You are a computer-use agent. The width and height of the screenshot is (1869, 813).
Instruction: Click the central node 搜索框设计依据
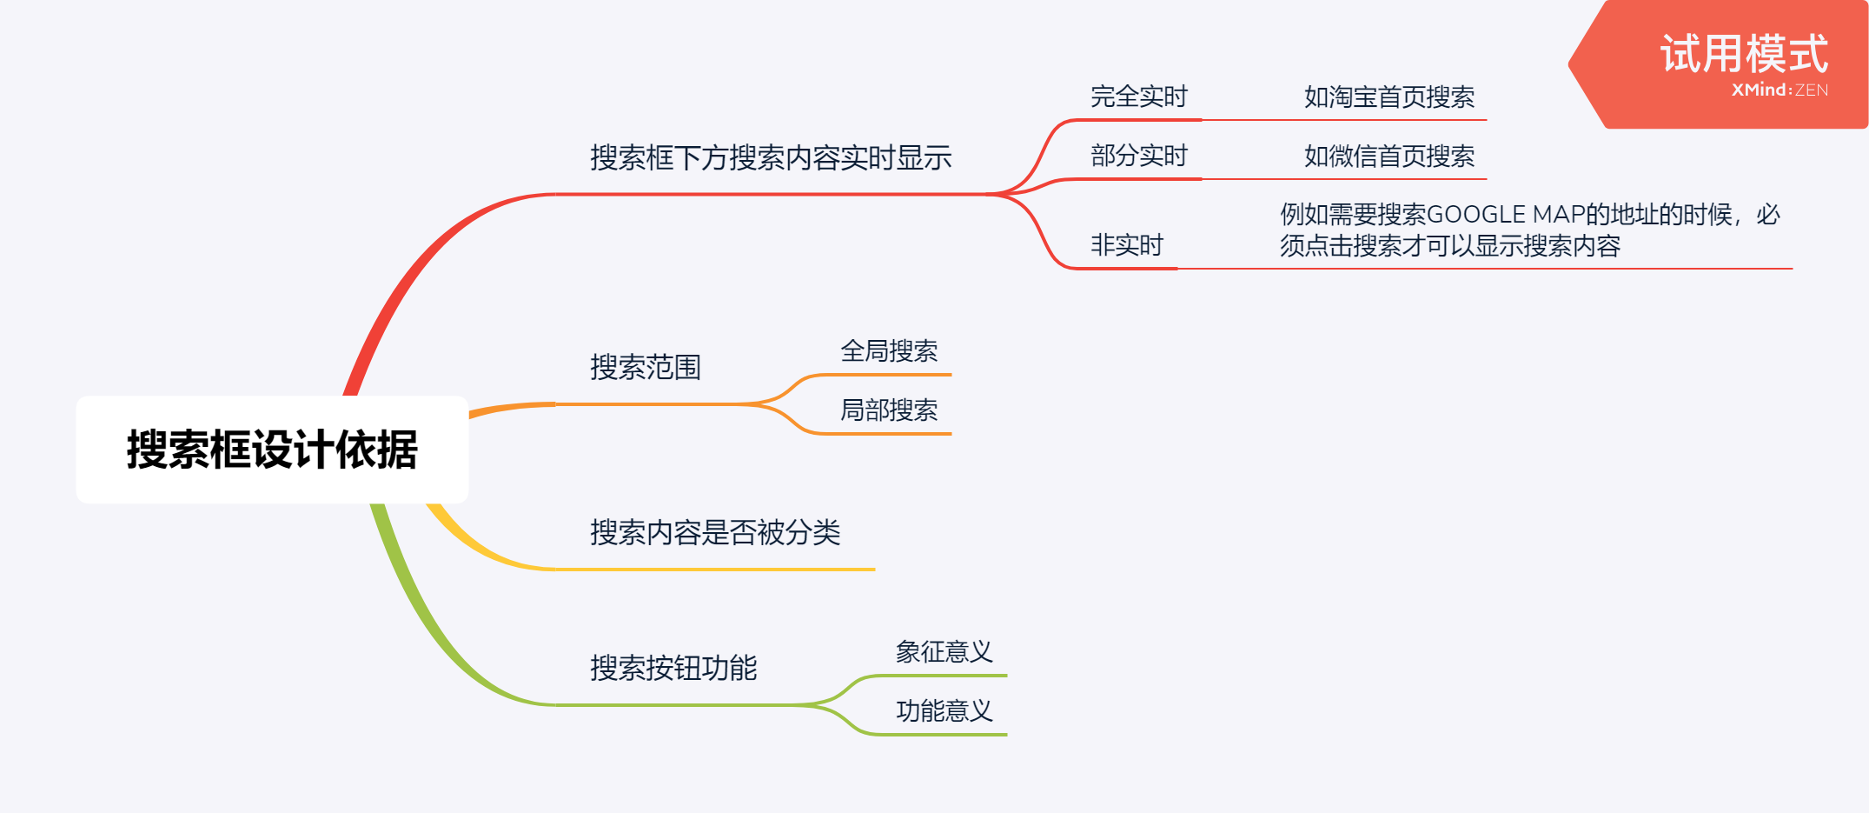(272, 450)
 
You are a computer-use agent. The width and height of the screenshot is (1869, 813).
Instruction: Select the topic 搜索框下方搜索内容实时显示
(771, 158)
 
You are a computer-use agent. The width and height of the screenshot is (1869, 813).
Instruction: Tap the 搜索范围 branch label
(646, 368)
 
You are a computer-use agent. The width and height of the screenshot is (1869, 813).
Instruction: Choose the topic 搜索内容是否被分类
(715, 533)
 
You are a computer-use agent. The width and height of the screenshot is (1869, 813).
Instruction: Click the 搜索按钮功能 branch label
(673, 669)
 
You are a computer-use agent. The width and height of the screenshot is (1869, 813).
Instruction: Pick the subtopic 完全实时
(1138, 97)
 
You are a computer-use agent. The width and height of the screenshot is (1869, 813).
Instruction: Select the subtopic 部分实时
(1138, 156)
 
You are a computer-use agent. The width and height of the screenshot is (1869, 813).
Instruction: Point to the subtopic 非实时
(1126, 245)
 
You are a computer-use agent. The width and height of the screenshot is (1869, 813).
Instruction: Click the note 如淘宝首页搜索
(1388, 97)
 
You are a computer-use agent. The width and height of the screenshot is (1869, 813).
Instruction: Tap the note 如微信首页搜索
(1388, 157)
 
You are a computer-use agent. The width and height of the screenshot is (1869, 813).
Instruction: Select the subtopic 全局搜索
(889, 351)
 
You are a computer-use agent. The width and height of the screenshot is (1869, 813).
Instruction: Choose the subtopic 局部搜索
(889, 410)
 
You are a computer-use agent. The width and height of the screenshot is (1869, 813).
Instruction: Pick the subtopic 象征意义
(944, 652)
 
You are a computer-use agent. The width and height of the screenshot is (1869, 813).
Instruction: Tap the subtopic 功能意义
(944, 711)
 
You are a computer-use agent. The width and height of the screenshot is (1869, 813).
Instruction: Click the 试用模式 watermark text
(1743, 54)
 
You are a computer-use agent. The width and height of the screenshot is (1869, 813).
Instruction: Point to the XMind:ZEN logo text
(1779, 90)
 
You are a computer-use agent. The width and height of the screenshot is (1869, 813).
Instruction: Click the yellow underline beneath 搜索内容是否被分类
(712, 570)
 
